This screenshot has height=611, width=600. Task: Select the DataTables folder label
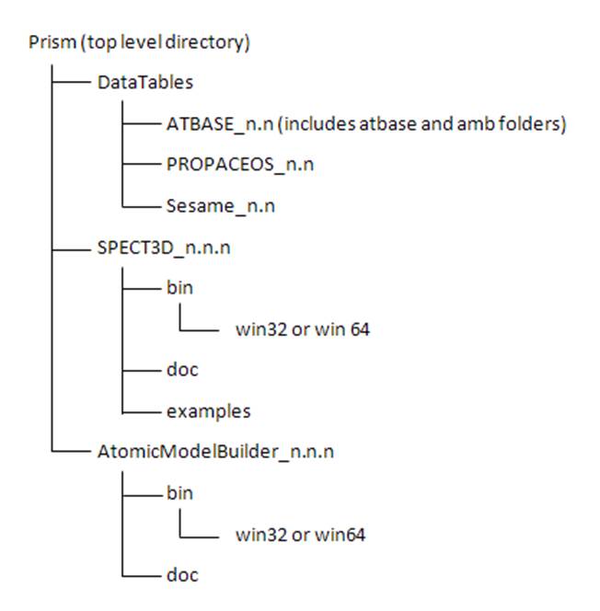point(145,83)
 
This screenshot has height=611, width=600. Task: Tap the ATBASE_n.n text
point(208,124)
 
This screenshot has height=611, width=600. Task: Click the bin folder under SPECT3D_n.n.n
point(179,288)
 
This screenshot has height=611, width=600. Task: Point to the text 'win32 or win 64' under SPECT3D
point(303,329)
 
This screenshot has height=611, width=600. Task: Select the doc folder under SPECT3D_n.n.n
point(182,370)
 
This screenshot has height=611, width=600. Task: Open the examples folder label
point(208,410)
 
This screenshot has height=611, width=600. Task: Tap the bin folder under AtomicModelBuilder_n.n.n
point(179,493)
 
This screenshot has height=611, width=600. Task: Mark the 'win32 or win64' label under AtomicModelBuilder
point(300,534)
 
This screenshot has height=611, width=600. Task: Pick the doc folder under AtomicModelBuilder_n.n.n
point(182,575)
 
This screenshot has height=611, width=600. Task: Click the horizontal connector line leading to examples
point(141,411)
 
